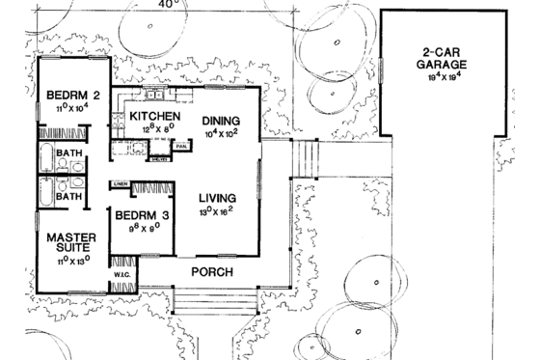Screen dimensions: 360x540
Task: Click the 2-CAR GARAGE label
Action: pyautogui.click(x=443, y=58)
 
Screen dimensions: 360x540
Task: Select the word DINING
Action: pyautogui.click(x=220, y=120)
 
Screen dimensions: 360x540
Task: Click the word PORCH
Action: pyautogui.click(x=211, y=272)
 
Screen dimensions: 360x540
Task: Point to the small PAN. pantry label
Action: pyautogui.click(x=181, y=146)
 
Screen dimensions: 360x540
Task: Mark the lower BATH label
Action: pyautogui.click(x=67, y=196)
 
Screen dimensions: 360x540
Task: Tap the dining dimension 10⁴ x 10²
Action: pyautogui.click(x=221, y=135)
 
